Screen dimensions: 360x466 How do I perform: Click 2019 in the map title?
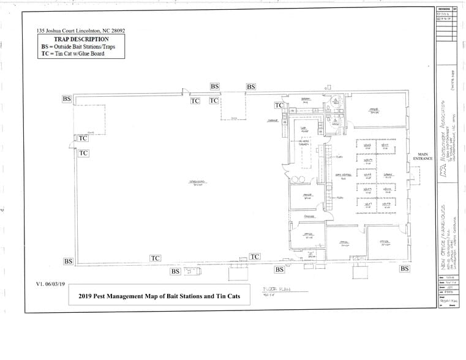point(86,297)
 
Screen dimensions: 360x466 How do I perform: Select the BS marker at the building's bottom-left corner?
point(69,261)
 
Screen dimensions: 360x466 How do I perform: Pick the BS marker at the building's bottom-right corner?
point(405,268)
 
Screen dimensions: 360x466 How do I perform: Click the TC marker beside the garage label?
point(279,105)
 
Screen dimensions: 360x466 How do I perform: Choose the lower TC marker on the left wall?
point(83,153)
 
